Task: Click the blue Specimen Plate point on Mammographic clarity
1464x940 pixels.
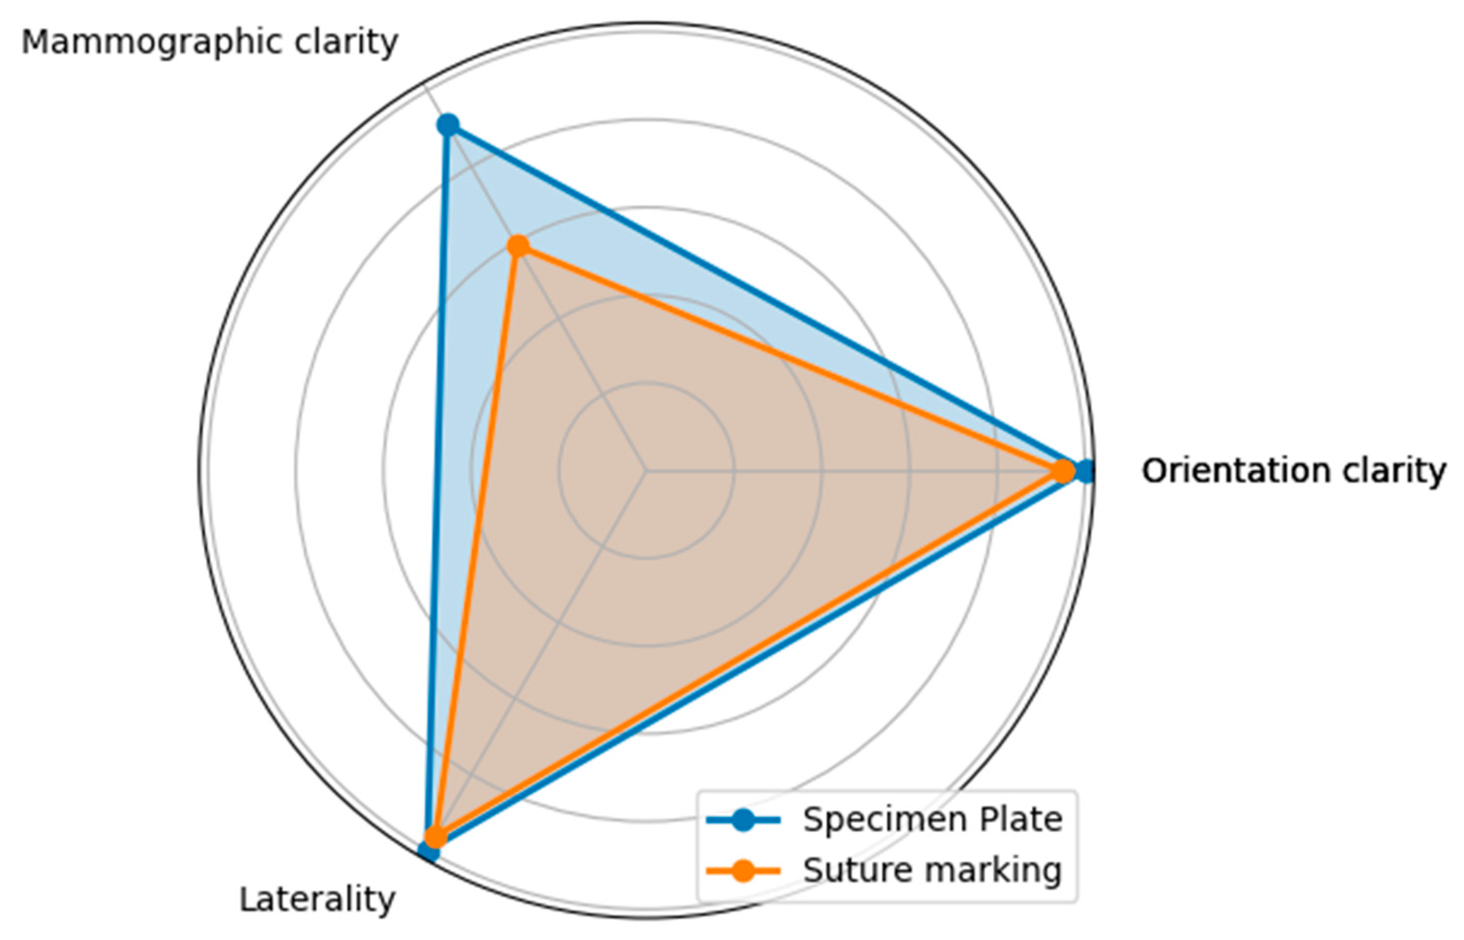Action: coord(448,125)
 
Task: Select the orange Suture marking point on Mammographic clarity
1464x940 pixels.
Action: coord(518,247)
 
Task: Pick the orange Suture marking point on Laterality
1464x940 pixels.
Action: coord(435,836)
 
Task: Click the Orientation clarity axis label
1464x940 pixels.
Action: coord(1293,471)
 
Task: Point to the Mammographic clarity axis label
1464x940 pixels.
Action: coord(209,43)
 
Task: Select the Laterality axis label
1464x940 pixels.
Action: coord(317,899)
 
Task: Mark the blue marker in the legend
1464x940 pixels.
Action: coord(743,820)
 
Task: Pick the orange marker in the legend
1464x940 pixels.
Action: coord(743,870)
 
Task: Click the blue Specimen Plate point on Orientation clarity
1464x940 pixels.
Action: coord(1085,471)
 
